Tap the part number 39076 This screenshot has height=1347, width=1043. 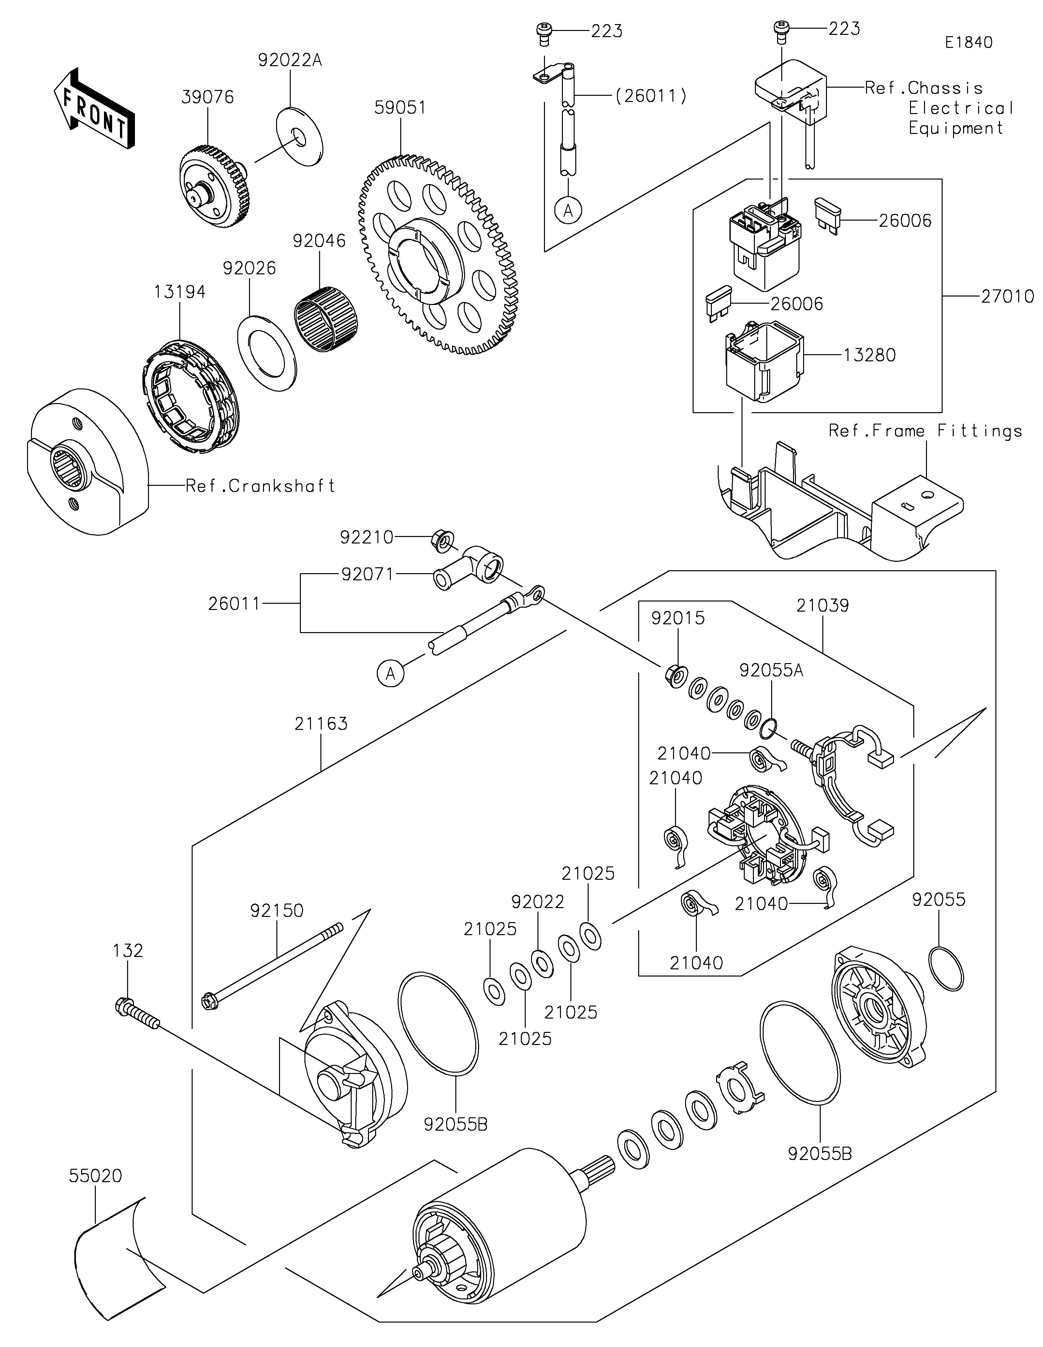pyautogui.click(x=208, y=97)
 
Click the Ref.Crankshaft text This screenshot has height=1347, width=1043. pyautogui.click(x=260, y=486)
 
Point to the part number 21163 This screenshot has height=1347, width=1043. pyautogui.click(x=321, y=723)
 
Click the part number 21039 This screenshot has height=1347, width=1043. pyautogui.click(x=822, y=606)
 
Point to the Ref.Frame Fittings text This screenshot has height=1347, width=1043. pyautogui.click(x=925, y=431)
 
